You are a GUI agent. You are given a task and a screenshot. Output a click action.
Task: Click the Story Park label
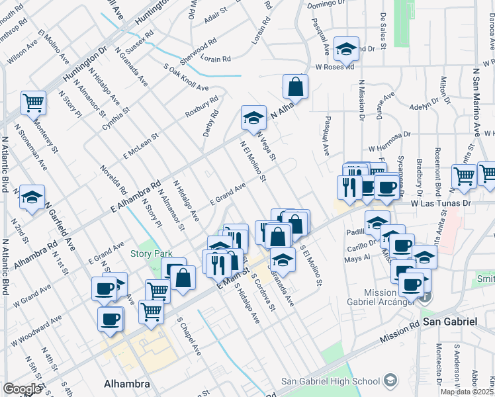coord(151,253)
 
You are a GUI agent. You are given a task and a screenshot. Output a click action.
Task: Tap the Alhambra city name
coord(128,383)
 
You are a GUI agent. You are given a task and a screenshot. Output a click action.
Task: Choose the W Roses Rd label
coord(334,67)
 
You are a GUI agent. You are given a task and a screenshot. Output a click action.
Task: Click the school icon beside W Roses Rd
coord(345,48)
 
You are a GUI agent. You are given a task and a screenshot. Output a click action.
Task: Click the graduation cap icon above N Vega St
coord(253,118)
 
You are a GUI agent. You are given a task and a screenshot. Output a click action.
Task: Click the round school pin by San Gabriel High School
coord(391,380)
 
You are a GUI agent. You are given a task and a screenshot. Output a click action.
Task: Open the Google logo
coord(22,389)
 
